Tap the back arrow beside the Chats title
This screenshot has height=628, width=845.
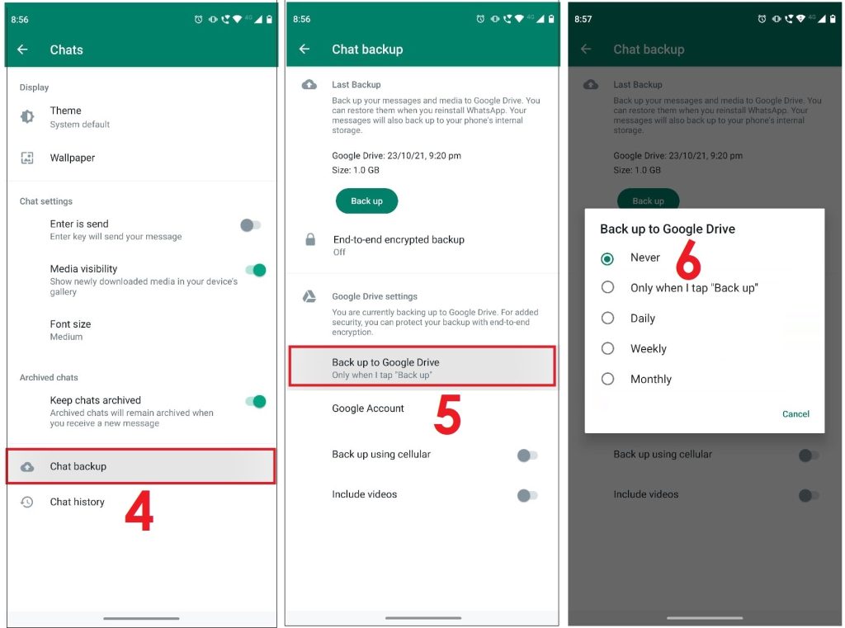click(x=22, y=50)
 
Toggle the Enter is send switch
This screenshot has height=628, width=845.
click(x=250, y=225)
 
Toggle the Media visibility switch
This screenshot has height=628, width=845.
click(x=256, y=270)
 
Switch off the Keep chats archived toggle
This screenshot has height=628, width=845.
click(x=256, y=402)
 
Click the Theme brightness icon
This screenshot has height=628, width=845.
click(x=27, y=117)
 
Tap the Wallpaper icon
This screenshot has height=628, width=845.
click(x=27, y=158)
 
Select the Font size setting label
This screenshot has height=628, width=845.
click(x=70, y=324)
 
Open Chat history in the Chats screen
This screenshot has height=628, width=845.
click(x=77, y=502)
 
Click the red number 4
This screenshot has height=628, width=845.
click(x=139, y=512)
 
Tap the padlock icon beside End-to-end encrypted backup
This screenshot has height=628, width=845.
click(x=310, y=240)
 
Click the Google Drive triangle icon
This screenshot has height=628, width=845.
click(x=309, y=296)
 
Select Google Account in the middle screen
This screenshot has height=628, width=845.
click(x=368, y=408)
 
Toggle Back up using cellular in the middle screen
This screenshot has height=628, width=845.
click(x=527, y=456)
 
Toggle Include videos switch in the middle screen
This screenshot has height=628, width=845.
click(x=527, y=495)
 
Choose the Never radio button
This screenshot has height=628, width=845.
click(x=608, y=258)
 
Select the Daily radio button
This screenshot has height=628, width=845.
click(x=608, y=319)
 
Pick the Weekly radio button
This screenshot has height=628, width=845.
click(x=608, y=349)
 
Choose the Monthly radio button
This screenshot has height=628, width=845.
click(x=608, y=380)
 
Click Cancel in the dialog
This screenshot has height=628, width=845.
click(x=795, y=414)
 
